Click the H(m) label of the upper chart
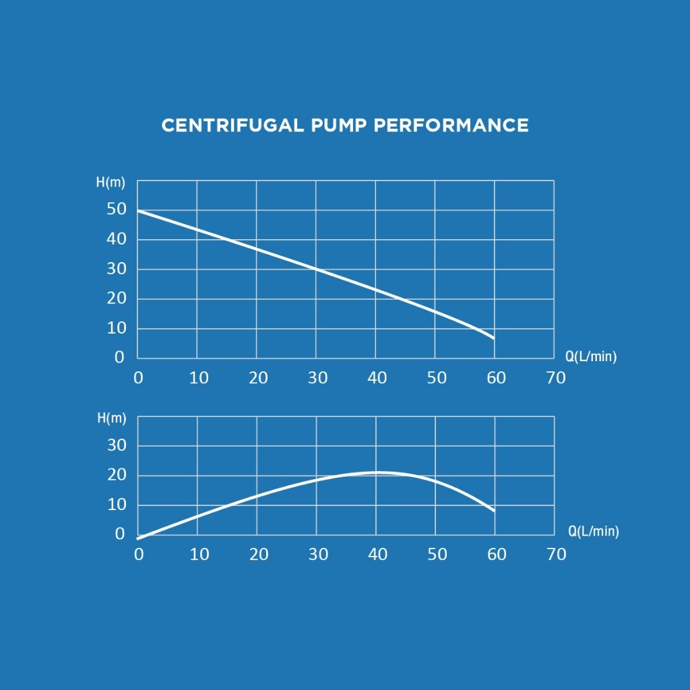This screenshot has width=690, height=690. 111,183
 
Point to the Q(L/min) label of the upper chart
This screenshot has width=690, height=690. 591,356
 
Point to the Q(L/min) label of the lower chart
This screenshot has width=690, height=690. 593,532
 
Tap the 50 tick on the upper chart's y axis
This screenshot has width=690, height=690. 117,209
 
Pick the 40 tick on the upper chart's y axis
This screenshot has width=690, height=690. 117,239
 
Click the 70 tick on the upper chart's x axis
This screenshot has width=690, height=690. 556,378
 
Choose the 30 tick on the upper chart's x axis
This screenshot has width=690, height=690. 317,378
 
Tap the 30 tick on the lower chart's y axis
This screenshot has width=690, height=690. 117,445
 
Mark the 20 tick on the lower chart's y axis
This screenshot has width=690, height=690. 117,475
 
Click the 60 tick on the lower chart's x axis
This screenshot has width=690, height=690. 497,555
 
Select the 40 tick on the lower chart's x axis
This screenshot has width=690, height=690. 377,555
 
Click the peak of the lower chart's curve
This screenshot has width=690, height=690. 377,472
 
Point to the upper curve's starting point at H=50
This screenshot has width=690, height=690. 138,211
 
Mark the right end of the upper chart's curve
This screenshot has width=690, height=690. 494,338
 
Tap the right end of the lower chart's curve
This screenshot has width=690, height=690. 494,511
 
